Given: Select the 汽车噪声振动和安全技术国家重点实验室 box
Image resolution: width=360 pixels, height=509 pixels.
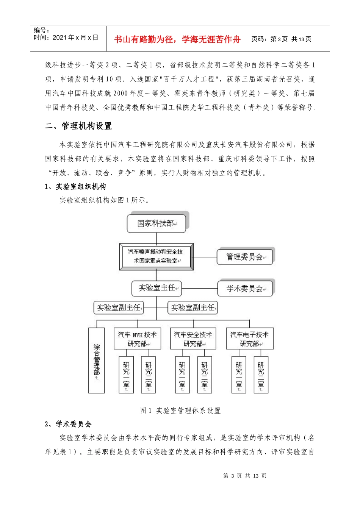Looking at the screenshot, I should coord(156,256).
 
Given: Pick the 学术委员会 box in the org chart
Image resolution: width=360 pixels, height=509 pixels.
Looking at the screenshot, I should coord(245,289).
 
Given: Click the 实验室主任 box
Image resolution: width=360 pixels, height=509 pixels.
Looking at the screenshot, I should coord(157,288).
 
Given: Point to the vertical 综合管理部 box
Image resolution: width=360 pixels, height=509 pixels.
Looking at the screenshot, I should coord(96,360).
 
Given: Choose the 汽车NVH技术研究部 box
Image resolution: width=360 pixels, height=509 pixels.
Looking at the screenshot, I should coord(137,339).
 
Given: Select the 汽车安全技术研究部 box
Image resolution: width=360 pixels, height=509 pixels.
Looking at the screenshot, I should coord(193,339).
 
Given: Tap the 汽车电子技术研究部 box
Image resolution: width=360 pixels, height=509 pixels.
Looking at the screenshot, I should coord(249,339).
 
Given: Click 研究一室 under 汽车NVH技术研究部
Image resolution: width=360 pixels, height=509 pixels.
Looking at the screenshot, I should coord(126,374).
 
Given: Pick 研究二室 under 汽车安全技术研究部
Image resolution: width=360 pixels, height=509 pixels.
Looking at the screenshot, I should coord(205,374).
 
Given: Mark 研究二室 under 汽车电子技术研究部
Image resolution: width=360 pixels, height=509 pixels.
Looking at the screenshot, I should coord(261,374).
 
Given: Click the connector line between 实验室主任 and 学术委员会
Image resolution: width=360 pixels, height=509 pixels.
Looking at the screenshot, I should coord(199,289).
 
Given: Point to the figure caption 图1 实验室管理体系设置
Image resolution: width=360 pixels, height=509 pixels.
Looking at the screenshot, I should coord(180,411).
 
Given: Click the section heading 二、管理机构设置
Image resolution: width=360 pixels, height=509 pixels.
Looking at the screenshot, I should coord(78,126).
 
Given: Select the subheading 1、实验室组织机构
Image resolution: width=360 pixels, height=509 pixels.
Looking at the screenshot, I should coord(75,187).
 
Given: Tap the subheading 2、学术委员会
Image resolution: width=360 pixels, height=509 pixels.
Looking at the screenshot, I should coord(68,424).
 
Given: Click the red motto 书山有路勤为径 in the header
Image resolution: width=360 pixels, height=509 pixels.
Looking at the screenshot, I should coord(177,39).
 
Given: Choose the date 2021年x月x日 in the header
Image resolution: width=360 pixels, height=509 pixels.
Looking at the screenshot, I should coord(75,37).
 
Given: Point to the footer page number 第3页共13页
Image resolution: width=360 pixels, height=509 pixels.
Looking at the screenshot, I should coord(245,476).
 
